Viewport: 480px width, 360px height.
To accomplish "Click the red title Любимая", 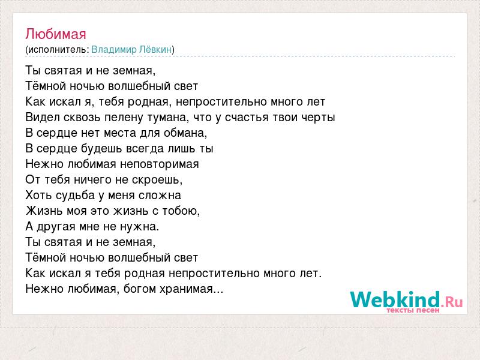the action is point(56,34).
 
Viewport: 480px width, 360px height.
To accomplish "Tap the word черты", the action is point(318,118).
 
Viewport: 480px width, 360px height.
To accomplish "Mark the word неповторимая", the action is point(160,164).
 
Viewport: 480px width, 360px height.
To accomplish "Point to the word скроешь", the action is point(157,179).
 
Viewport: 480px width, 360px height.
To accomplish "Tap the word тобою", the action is point(181,211).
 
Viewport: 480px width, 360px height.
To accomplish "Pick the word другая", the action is point(56,227).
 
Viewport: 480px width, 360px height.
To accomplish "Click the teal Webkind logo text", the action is point(395,299).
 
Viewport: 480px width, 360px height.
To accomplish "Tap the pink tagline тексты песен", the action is point(413,310).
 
